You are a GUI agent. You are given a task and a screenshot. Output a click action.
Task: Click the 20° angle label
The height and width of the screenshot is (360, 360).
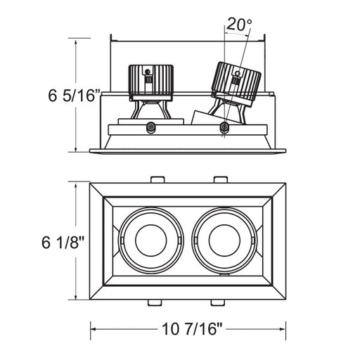[239, 25]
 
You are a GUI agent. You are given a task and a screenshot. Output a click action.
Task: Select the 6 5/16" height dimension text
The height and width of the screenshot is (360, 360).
[75, 96]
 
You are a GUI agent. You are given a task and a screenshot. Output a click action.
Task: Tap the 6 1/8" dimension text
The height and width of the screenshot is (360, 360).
[63, 242]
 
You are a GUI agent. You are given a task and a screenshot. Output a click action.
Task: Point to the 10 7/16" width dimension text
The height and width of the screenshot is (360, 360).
[192, 329]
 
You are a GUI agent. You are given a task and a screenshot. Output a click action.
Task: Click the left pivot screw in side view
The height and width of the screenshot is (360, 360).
[151, 127]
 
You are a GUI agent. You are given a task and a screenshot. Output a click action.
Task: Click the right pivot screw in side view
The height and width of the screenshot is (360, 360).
[224, 127]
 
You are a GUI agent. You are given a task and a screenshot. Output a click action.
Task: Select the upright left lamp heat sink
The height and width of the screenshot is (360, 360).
[151, 83]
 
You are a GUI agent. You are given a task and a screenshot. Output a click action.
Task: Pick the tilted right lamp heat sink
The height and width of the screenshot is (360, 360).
[236, 84]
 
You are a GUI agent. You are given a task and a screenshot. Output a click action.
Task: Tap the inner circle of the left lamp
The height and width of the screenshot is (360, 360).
[151, 240]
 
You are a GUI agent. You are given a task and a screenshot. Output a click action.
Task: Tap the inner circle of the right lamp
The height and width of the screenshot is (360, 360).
[224, 240]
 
